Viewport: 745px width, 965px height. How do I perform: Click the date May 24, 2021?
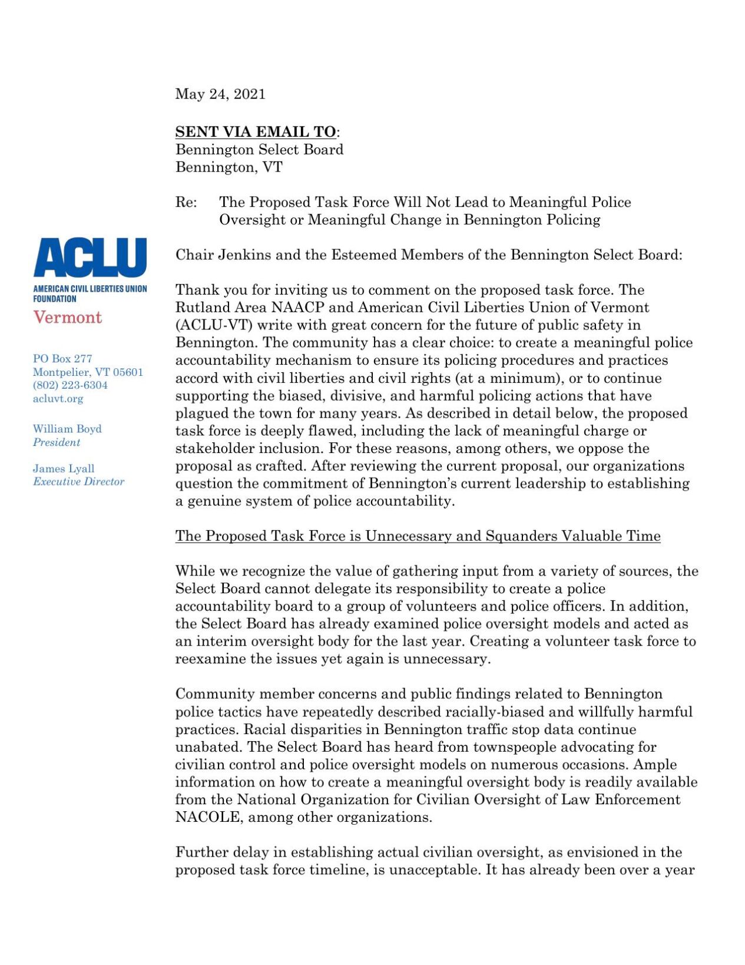click(x=220, y=94)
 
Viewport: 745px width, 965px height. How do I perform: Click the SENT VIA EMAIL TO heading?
click(x=256, y=132)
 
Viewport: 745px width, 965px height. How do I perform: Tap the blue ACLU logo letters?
click(x=90, y=257)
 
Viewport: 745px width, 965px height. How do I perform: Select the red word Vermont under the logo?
click(x=67, y=318)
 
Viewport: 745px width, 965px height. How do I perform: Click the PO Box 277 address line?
click(x=62, y=359)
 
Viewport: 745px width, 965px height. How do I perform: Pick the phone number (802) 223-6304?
click(x=70, y=385)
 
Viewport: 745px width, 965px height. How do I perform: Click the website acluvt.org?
click(x=58, y=399)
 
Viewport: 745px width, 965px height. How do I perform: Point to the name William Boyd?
click(x=67, y=429)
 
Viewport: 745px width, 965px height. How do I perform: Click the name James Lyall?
click(x=64, y=469)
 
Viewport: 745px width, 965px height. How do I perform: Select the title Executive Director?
click(x=78, y=482)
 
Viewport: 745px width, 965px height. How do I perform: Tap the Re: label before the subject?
click(x=186, y=203)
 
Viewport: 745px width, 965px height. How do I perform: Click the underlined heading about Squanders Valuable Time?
click(x=418, y=536)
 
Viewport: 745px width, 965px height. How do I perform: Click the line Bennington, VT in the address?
click(x=229, y=167)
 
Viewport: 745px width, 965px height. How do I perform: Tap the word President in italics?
click(x=57, y=442)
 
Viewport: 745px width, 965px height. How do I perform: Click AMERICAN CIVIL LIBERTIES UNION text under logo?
click(x=90, y=289)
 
